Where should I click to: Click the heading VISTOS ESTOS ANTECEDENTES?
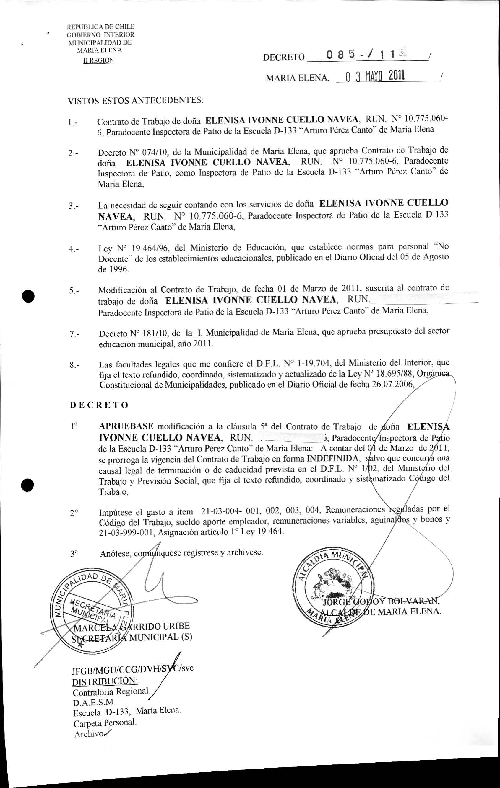[135, 100]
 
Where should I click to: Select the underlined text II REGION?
[99, 60]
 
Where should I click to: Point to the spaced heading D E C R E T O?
[99, 405]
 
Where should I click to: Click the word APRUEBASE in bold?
[126, 426]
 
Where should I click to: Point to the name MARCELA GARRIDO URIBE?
[132, 626]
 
